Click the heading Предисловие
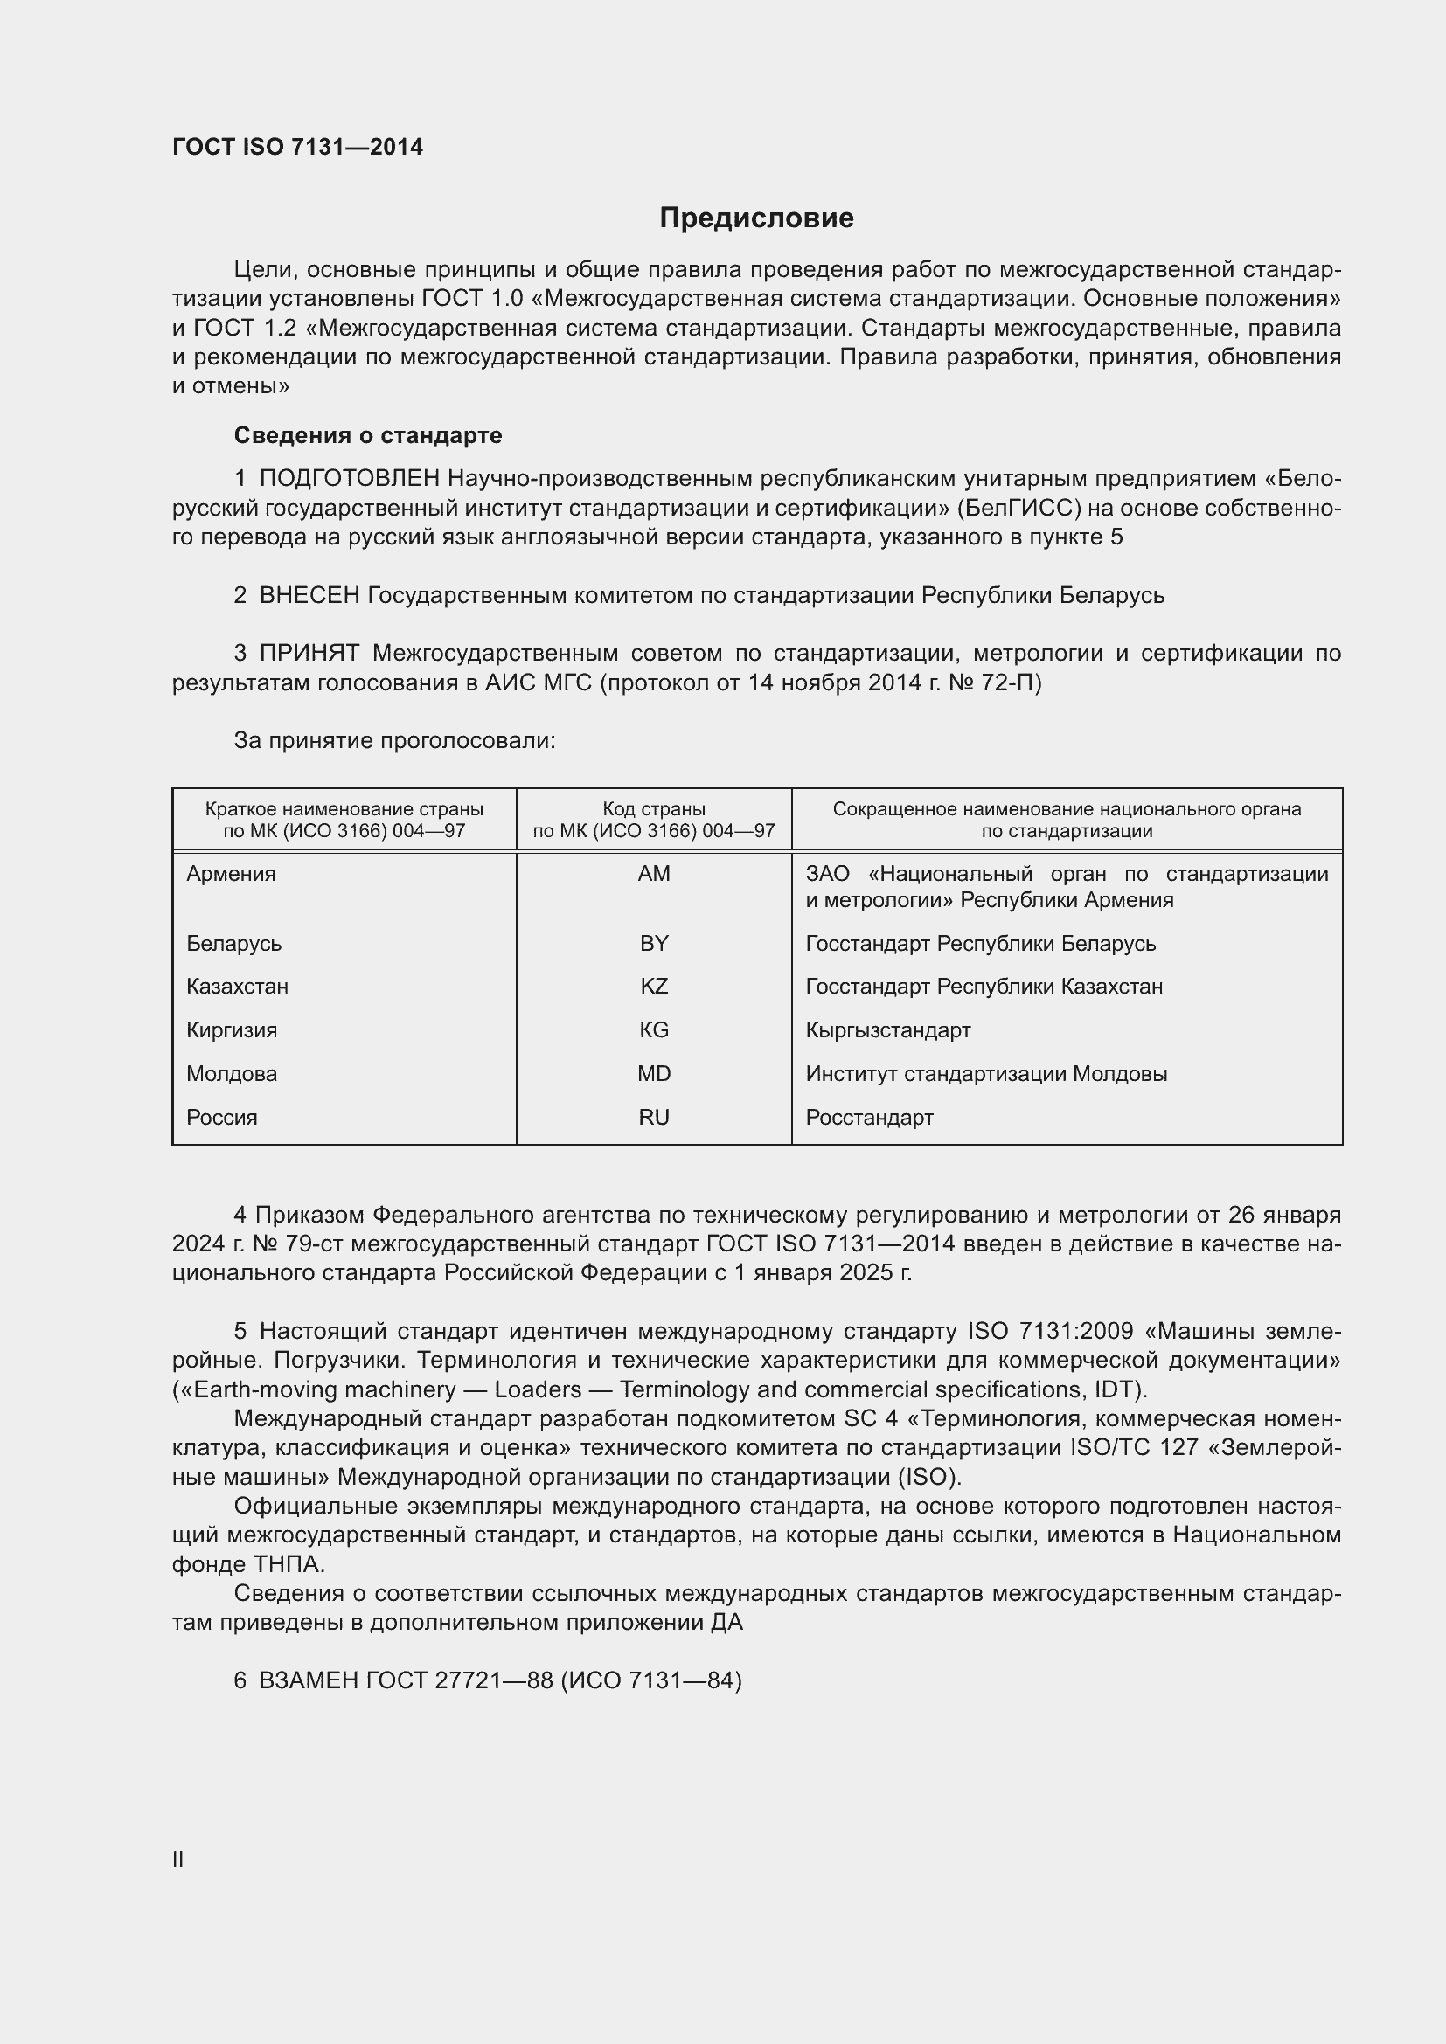click(756, 218)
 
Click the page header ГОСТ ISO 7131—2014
click(297, 148)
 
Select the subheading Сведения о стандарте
click(368, 435)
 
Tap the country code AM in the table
click(654, 874)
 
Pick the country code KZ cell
click(654, 987)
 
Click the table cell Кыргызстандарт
click(887, 1030)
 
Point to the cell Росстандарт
click(869, 1118)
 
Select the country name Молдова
click(232, 1074)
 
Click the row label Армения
click(231, 874)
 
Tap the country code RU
click(654, 1118)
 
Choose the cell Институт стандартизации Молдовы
click(985, 1074)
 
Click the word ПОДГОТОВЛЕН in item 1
click(349, 479)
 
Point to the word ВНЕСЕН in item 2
click(309, 596)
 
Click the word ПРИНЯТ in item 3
click(309, 654)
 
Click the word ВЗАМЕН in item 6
click(309, 1680)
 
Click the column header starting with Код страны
click(654, 820)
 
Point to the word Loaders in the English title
click(538, 1389)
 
